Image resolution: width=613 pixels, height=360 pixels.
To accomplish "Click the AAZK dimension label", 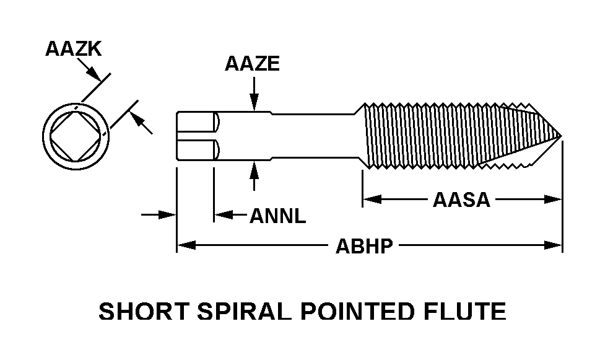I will click(73, 49).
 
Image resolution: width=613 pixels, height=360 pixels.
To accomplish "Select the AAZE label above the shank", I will click(253, 64).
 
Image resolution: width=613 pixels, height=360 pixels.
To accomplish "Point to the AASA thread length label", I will click(461, 200).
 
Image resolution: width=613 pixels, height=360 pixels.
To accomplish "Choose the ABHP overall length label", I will click(364, 246).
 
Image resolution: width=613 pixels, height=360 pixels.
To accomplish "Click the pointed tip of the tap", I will click(560, 135).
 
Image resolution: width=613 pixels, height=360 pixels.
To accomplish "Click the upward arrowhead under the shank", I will click(253, 167).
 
